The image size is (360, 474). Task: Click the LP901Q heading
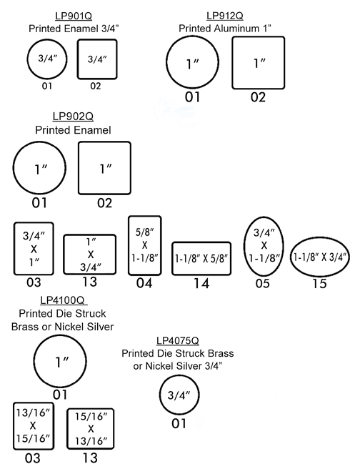coord(74,16)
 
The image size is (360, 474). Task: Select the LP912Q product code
coord(225,16)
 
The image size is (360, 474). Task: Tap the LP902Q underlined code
coord(73,117)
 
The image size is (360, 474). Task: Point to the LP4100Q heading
coord(63,300)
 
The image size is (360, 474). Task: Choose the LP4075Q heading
coord(178,340)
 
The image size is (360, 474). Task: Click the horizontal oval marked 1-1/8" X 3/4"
coord(291,257)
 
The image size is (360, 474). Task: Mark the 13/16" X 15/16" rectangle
coord(14,426)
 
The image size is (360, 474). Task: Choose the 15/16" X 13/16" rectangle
coord(67,428)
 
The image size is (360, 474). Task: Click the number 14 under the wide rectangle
coord(201,284)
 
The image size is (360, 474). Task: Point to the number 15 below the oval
coord(319,284)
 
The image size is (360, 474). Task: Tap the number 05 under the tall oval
coord(262,284)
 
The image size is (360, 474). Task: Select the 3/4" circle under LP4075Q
coord(159,395)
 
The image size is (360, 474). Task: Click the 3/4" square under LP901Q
coord(78,59)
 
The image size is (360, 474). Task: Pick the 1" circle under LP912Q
coord(166,62)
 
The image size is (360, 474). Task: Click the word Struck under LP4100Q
coord(90,313)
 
